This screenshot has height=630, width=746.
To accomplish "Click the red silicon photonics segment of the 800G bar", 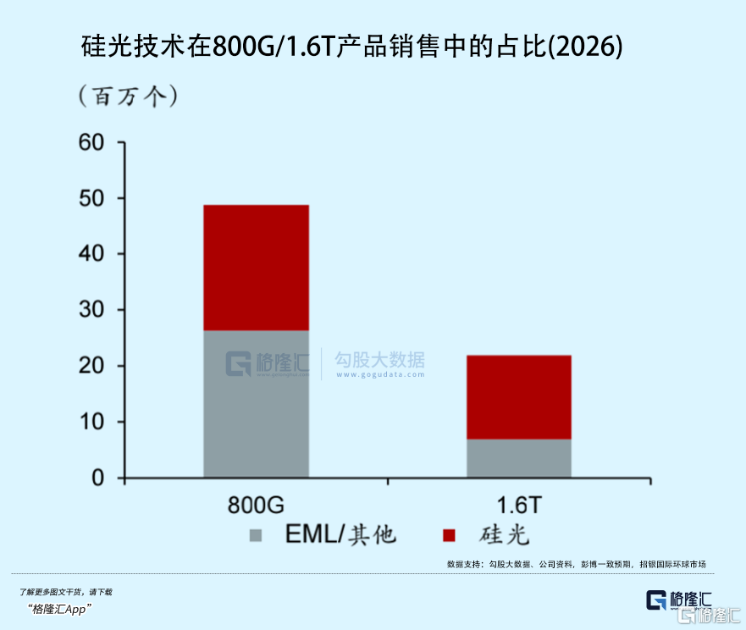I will click(256, 268).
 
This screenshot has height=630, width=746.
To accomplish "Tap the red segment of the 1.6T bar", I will click(518, 396).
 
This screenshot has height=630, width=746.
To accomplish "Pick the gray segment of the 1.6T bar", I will click(518, 458).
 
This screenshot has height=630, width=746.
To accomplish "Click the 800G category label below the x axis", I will click(256, 506).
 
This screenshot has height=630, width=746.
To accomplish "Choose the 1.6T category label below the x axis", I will click(518, 506).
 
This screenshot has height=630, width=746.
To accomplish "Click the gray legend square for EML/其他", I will click(256, 535).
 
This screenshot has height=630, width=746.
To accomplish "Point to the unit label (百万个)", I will click(128, 96).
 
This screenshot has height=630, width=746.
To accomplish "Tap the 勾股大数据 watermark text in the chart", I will click(379, 360).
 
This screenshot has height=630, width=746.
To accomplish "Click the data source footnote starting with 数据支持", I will click(576, 564).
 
